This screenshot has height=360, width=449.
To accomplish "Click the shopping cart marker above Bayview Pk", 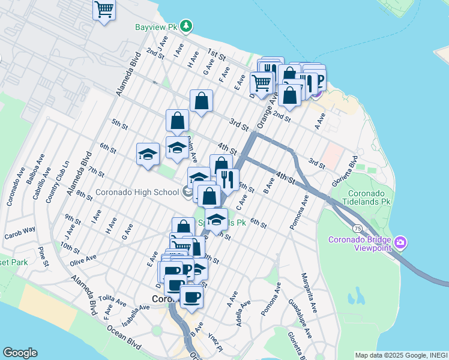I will click(x=104, y=10).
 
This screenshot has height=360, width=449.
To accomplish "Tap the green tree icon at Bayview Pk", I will click(x=187, y=25).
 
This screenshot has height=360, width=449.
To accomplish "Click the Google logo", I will click(x=20, y=353).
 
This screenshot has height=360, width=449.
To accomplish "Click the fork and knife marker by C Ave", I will click(x=228, y=180).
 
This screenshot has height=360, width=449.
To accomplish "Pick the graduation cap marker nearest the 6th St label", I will click(x=148, y=155).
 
